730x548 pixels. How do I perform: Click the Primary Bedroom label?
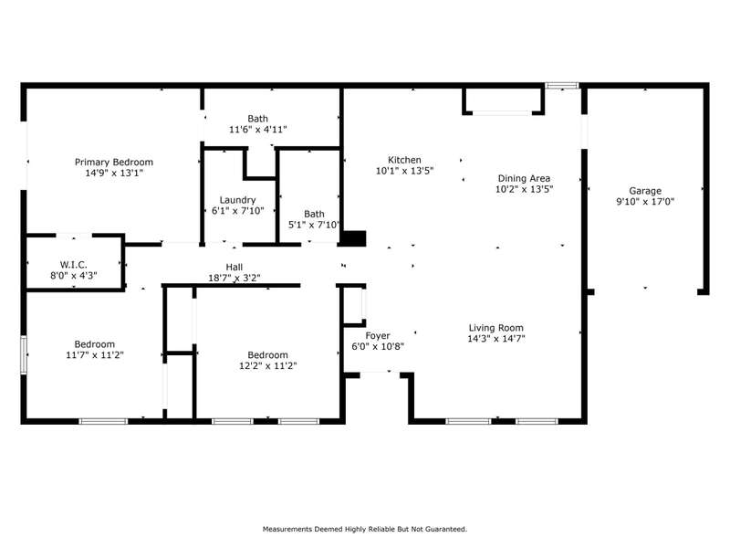[113, 163]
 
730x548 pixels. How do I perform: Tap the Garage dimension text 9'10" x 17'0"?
[645, 201]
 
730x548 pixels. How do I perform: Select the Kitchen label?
[404, 160]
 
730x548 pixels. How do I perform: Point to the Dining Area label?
[524, 178]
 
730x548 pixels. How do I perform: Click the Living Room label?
[495, 328]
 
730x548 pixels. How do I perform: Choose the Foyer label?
[378, 335]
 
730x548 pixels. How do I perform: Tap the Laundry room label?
[237, 200]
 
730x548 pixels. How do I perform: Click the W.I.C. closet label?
[74, 265]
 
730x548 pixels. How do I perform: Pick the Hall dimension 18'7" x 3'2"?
[235, 279]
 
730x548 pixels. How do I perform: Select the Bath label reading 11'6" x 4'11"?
[258, 124]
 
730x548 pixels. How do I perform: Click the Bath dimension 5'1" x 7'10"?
[314, 225]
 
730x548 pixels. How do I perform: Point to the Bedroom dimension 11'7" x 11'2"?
[95, 355]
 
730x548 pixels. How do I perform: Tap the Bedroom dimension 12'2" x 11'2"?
[267, 366]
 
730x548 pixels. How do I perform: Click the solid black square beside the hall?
[354, 238]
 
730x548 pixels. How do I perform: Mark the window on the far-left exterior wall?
[24, 354]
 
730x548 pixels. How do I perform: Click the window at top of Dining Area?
[562, 85]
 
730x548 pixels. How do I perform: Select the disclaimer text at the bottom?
[364, 529]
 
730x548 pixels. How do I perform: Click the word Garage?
[645, 191]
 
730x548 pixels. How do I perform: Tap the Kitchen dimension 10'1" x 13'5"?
[404, 171]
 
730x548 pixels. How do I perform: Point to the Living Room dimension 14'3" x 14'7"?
[495, 339]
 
